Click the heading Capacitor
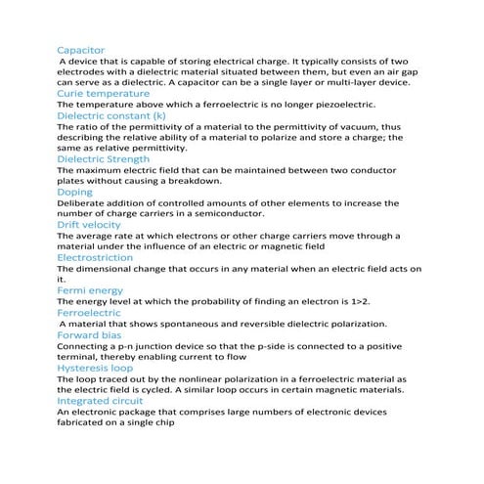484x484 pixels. tap(81, 49)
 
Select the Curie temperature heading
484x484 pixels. tap(103, 93)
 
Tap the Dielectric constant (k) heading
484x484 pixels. tap(111, 114)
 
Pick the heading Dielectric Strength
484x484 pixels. tap(104, 158)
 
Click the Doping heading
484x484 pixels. tap(75, 192)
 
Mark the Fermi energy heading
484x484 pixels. tap(90, 290)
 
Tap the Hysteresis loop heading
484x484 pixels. tap(95, 368)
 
